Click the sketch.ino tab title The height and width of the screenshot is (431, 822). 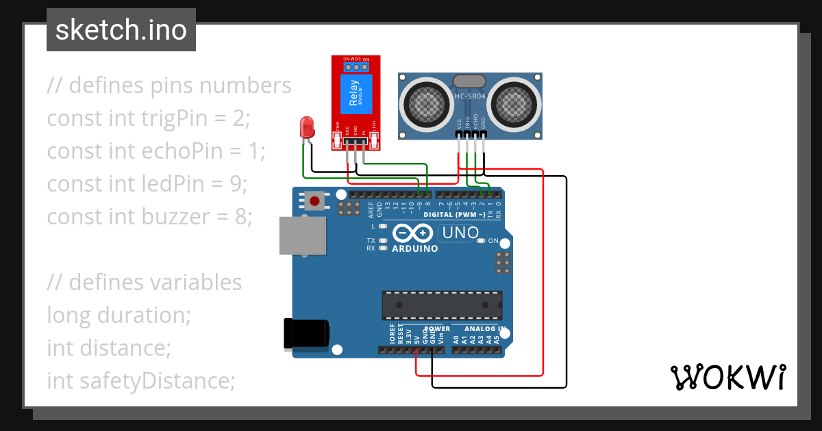point(121,30)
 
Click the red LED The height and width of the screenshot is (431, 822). point(307,127)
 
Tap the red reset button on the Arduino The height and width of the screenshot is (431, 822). point(314,201)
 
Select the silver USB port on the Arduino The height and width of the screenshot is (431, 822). point(302,235)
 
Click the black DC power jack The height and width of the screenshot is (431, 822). point(306,335)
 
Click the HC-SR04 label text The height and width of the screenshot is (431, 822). point(470,96)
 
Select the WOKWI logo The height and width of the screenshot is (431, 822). point(727,378)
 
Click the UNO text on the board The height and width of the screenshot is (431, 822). point(460,233)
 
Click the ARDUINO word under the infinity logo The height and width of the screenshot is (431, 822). point(414,249)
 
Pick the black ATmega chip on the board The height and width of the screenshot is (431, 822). point(442,304)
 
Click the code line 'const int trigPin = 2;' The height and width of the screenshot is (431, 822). point(149,118)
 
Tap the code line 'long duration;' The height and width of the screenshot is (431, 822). point(119,315)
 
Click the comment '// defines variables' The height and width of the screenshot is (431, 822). point(145,283)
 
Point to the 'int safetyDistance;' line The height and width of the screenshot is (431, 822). point(141,381)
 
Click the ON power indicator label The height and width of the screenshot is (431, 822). point(493,241)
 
